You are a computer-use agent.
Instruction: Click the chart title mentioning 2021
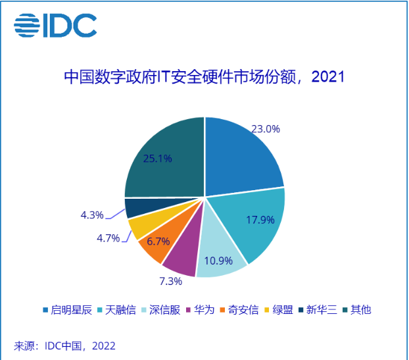(x=204, y=77)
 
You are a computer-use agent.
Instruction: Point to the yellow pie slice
(x=139, y=227)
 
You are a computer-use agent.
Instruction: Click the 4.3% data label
(x=93, y=215)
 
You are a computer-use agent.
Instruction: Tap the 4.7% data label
(x=107, y=238)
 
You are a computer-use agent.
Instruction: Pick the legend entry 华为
(x=203, y=309)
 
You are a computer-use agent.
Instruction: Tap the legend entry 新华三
(x=318, y=309)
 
